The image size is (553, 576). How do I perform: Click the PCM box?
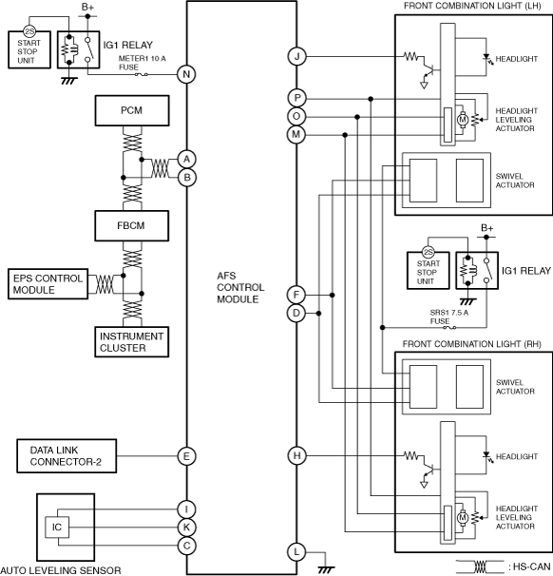pyautogui.click(x=132, y=110)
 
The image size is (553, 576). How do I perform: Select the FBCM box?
pyautogui.click(x=132, y=225)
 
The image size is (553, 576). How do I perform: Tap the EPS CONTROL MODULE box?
pyautogui.click(x=48, y=284)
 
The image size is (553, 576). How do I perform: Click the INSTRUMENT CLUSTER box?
pyautogui.click(x=132, y=342)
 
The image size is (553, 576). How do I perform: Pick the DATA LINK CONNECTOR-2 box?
pyautogui.click(x=67, y=456)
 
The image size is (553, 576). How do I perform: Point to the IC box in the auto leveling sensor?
pyautogui.click(x=57, y=528)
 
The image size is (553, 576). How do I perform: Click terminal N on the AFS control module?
pyautogui.click(x=186, y=74)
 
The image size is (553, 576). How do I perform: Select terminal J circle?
pyautogui.click(x=296, y=57)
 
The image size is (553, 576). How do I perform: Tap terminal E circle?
pyautogui.click(x=186, y=456)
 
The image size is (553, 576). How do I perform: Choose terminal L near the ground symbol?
pyautogui.click(x=296, y=551)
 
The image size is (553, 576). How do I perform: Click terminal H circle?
pyautogui.click(x=296, y=456)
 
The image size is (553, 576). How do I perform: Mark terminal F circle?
pyautogui.click(x=296, y=295)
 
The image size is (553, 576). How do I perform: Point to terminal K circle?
pyautogui.click(x=186, y=528)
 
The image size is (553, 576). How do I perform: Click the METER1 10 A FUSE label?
pyautogui.click(x=142, y=63)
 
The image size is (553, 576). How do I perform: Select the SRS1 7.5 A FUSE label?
pyautogui.click(x=449, y=317)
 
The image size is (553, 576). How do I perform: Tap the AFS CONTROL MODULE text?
pyautogui.click(x=240, y=288)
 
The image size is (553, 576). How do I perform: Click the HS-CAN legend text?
pyautogui.click(x=531, y=566)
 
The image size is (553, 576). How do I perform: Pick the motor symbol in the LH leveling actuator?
pyautogui.click(x=463, y=120)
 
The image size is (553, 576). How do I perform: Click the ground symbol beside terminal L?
pyautogui.click(x=325, y=569)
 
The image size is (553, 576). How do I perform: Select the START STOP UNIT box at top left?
pyautogui.click(x=29, y=49)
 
